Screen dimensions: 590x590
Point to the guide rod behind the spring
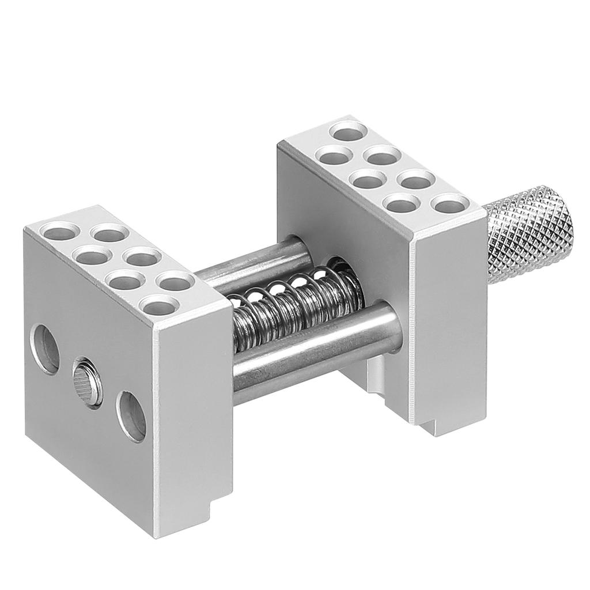[x=254, y=262]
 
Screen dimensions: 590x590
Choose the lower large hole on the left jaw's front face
[x=131, y=416]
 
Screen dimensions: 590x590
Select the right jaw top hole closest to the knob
[x=449, y=204]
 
